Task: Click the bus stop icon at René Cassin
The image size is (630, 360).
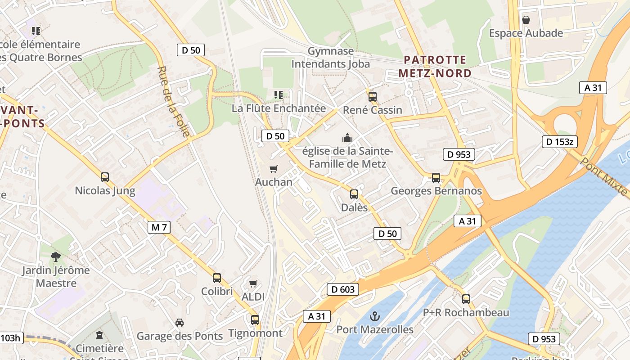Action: coord(373,96)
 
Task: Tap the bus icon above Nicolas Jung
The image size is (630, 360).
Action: coord(105,177)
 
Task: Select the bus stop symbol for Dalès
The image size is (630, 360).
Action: coord(354,194)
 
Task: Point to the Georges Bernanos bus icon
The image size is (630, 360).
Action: coord(436,178)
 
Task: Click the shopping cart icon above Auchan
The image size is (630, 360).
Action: coord(273,169)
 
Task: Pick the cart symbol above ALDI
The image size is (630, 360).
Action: coord(253,283)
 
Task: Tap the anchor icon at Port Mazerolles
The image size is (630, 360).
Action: coord(375,316)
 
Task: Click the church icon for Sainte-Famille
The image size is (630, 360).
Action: coord(347,137)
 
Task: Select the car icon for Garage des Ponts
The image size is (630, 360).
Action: coord(180,323)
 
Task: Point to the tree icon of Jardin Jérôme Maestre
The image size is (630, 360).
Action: coord(56,257)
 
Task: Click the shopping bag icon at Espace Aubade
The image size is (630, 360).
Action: coord(526,20)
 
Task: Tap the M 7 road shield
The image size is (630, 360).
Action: coord(159,227)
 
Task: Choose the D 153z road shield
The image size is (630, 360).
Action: coord(559,142)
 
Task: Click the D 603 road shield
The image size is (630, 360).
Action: coord(343,289)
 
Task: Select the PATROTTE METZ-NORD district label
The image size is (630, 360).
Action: coord(435,66)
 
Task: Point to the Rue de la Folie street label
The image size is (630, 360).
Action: coord(174,101)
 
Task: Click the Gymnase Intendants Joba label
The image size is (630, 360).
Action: coord(331,58)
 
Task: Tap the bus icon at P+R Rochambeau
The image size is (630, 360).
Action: coord(466,299)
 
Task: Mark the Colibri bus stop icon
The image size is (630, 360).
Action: coord(217,278)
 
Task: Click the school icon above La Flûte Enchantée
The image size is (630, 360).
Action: coord(279,95)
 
